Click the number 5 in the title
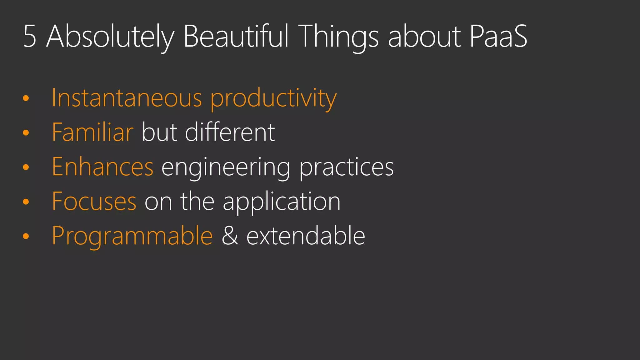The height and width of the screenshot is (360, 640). tap(30, 37)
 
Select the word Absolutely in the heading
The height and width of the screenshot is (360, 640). tap(110, 37)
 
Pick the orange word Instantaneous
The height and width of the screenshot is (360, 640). tap(127, 98)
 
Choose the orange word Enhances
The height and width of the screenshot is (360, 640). tap(102, 167)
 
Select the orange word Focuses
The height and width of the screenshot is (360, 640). tap(94, 202)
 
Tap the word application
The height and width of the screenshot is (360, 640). tap(281, 202)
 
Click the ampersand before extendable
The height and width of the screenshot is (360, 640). tap(230, 236)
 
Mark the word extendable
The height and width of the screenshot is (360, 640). tap(306, 236)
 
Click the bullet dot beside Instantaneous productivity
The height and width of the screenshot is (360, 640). tap(26, 98)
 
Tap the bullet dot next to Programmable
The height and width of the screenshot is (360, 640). tap(26, 236)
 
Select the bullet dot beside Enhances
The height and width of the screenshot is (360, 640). tap(26, 167)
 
